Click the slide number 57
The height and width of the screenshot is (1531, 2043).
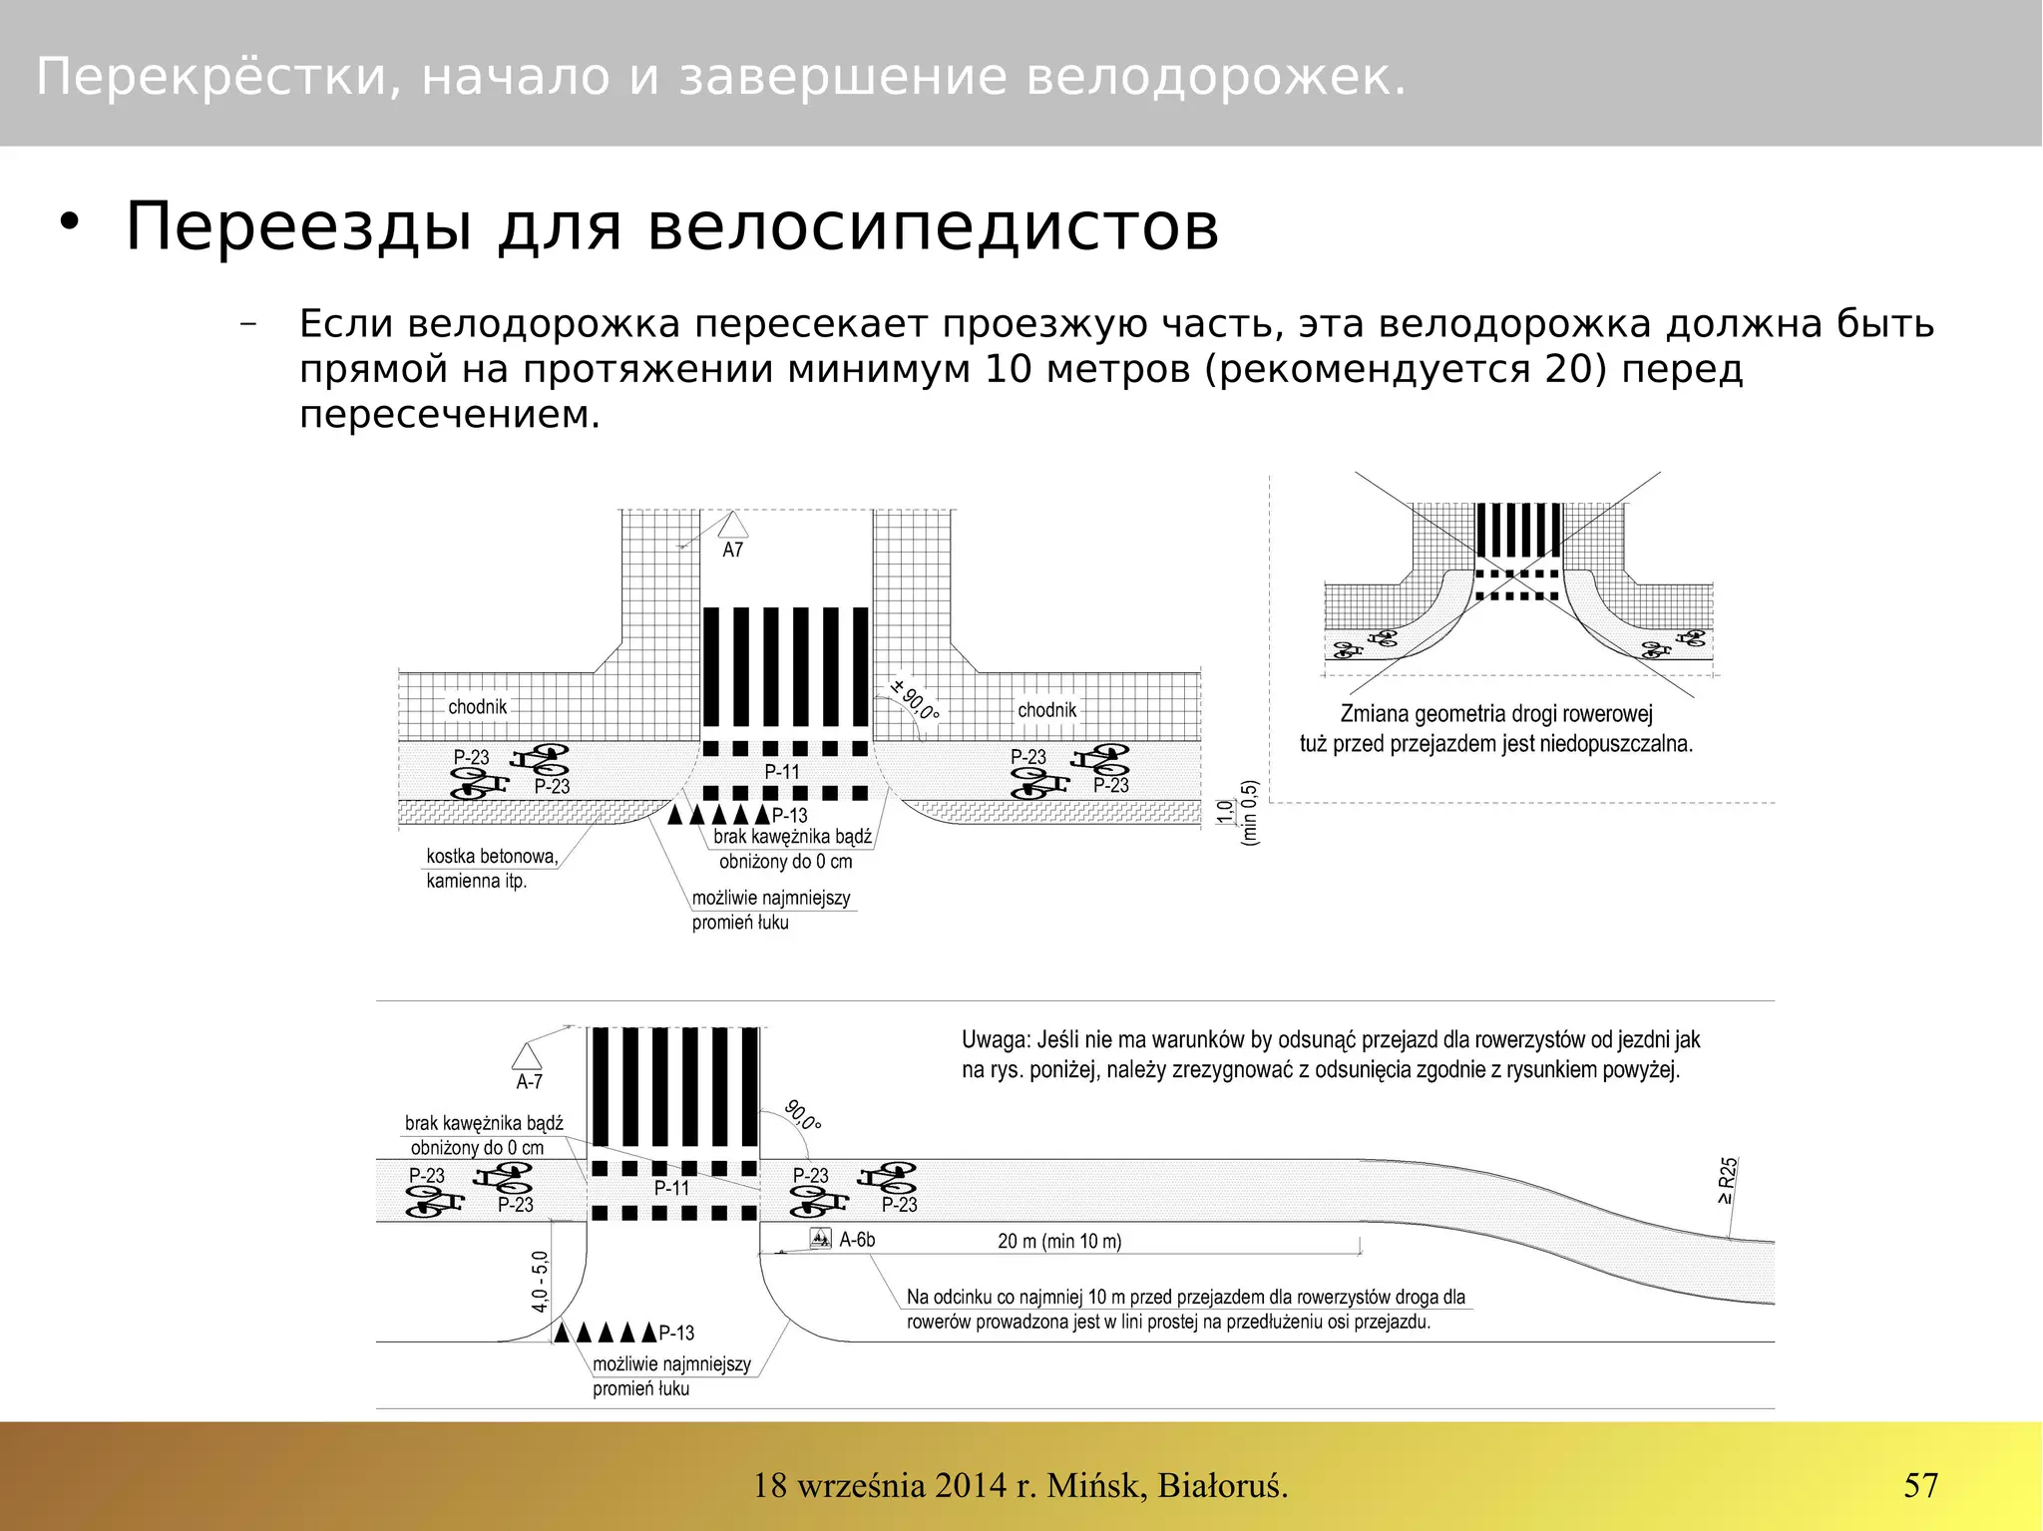[1920, 1485]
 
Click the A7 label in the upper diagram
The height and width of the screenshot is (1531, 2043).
[732, 551]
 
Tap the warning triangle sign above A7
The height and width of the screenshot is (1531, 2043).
[733, 526]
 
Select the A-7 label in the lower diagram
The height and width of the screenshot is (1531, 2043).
[529, 1082]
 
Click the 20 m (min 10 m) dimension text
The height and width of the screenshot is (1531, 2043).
[1059, 1242]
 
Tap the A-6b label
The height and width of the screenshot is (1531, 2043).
[857, 1240]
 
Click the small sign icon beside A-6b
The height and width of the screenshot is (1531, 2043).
[820, 1239]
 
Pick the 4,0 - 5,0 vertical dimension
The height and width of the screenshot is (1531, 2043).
[540, 1282]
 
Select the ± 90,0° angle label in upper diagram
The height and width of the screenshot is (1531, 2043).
[914, 699]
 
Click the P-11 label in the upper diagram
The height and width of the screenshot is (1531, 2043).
[782, 772]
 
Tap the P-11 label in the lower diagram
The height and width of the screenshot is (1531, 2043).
[671, 1188]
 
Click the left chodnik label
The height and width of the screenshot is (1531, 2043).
[477, 707]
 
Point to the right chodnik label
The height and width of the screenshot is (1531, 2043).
[1046, 710]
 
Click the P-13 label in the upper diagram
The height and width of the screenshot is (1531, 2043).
[789, 815]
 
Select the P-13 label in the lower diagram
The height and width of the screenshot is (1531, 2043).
[676, 1334]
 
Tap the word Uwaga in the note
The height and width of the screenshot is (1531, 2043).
[994, 1040]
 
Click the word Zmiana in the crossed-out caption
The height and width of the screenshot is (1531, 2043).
[1375, 714]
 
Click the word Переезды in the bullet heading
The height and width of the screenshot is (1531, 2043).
[298, 227]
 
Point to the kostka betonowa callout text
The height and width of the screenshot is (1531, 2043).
[492, 857]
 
